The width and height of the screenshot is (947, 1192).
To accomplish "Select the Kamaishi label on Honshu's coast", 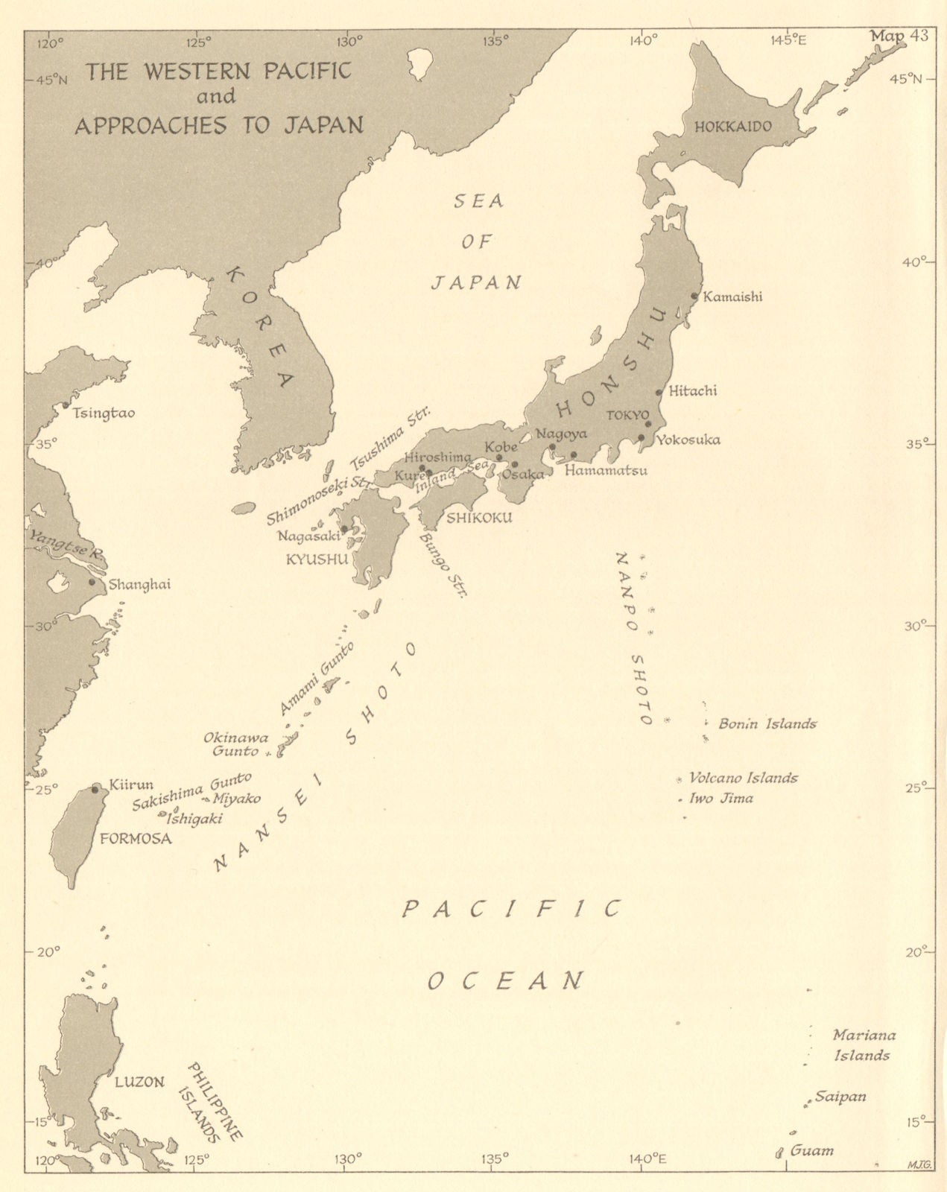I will [732, 297].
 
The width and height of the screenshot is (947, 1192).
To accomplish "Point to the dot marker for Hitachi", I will [659, 393].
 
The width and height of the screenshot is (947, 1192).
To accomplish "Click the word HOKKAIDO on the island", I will [732, 127].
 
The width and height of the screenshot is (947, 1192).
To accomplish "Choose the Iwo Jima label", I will [720, 799].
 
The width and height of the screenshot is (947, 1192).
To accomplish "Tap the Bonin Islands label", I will [767, 723].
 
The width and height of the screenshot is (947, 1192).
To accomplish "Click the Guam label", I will [811, 1150].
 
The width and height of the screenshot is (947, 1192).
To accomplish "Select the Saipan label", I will [840, 1097].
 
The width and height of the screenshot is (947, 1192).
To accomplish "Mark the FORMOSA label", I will [135, 839].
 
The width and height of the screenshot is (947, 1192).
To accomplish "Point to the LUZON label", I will [139, 1082].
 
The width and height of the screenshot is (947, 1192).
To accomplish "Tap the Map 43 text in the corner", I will [898, 39].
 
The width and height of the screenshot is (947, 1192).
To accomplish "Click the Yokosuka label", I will [688, 440].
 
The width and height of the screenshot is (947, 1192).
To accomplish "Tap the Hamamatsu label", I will [605, 471].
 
